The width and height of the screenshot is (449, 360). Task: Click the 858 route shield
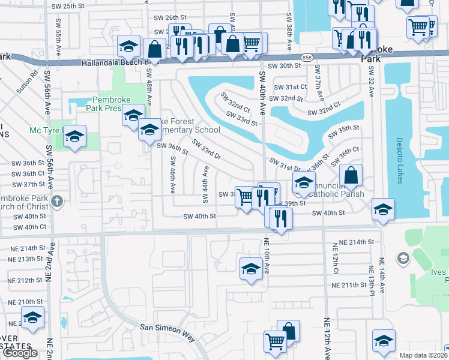click(x=308, y=57)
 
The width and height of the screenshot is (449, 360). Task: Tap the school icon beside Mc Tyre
click(x=75, y=136)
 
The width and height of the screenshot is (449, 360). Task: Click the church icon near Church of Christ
click(x=57, y=201)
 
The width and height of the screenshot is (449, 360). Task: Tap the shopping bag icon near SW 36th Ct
click(x=351, y=175)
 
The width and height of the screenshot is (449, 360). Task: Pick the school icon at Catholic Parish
click(x=304, y=182)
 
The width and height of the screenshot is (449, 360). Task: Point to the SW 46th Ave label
click(x=172, y=175)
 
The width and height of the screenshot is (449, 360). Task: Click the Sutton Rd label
click(x=28, y=82)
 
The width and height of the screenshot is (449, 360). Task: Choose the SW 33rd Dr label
click(x=206, y=150)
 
